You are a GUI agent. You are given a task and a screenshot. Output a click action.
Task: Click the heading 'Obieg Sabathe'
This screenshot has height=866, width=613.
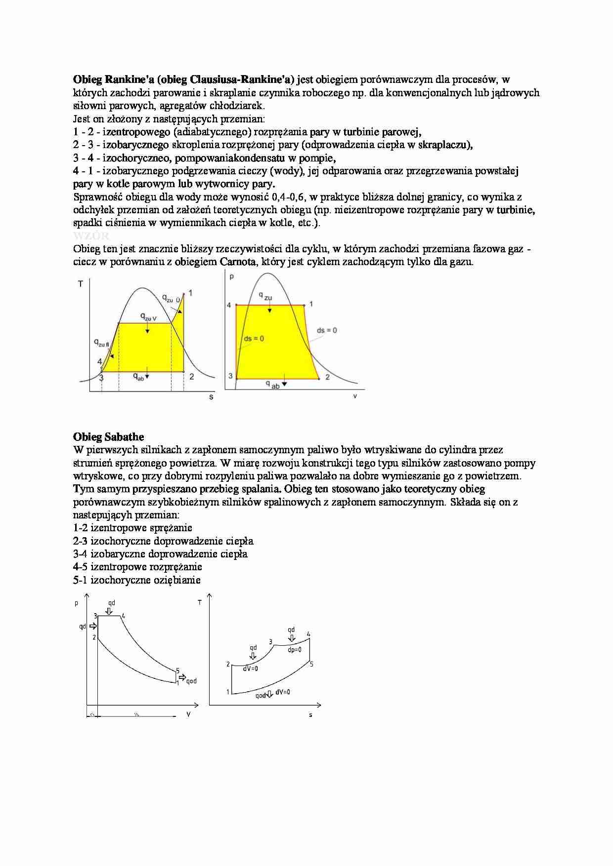pos(108,437)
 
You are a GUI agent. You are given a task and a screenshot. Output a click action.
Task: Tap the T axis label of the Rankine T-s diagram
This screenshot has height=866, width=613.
pos(81,284)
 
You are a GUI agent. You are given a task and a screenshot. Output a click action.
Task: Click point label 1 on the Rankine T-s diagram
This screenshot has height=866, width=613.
pos(190,293)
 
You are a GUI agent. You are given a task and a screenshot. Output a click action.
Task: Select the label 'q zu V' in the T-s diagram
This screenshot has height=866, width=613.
pos(148,317)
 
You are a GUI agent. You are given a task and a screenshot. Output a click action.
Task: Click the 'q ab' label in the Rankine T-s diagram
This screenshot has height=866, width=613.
pos(139,377)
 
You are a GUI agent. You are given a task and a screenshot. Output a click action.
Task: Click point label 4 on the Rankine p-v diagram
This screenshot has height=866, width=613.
pos(229,305)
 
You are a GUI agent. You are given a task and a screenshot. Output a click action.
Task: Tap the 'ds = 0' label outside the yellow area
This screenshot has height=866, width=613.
pos(327,330)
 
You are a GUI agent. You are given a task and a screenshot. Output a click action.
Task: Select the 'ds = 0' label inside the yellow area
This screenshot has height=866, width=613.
pos(254,338)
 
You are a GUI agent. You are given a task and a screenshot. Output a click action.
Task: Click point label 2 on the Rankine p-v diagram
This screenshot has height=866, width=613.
pos(327,377)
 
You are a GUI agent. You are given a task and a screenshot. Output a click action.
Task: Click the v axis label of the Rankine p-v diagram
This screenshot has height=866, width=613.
pos(355,396)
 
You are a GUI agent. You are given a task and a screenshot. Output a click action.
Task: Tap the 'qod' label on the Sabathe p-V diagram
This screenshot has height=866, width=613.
pos(191,681)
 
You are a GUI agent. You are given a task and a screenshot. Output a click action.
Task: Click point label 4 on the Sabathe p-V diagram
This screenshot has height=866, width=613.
pos(123,616)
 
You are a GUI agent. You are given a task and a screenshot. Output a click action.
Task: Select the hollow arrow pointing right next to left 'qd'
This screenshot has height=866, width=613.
pos(92,626)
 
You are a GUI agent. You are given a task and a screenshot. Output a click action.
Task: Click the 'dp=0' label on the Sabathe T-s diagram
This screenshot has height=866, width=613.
pos(294,650)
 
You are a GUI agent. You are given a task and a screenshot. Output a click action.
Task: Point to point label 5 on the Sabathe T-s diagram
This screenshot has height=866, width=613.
pos(311,664)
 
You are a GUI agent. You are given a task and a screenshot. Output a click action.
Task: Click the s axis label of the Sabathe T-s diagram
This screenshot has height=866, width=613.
pos(310,714)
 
